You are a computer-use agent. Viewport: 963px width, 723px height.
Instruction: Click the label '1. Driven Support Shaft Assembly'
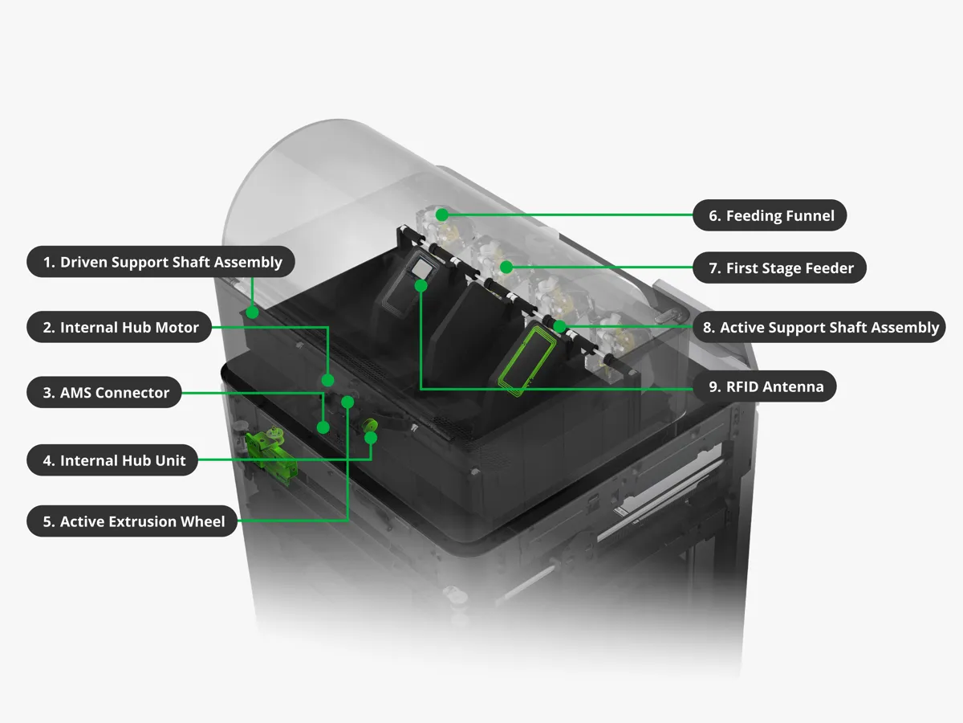(x=160, y=262)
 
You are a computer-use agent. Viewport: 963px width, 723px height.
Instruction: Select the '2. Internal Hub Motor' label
(x=120, y=327)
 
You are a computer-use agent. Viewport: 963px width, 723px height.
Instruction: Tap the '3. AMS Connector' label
(x=104, y=392)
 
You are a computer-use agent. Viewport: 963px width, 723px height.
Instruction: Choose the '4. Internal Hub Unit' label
(x=113, y=460)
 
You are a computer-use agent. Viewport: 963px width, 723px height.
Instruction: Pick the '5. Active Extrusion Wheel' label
(x=132, y=521)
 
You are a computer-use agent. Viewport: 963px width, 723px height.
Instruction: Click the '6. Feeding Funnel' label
(x=770, y=215)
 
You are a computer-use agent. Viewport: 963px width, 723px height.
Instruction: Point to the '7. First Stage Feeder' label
(x=779, y=268)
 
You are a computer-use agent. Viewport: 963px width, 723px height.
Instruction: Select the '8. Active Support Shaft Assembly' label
(x=819, y=327)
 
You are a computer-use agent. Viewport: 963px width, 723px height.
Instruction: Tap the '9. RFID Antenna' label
(x=765, y=386)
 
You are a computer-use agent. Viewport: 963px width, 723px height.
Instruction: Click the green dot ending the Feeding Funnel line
(x=442, y=214)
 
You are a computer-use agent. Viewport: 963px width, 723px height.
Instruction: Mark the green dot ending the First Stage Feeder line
(x=506, y=267)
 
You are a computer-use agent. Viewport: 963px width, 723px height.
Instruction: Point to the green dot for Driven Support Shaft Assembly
(x=252, y=312)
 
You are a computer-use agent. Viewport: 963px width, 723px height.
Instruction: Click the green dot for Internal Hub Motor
(x=327, y=380)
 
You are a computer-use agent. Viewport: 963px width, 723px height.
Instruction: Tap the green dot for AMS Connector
(x=323, y=427)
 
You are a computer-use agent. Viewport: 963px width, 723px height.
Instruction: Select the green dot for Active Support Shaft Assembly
(x=559, y=326)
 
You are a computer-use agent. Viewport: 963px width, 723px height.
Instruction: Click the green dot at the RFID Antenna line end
(x=421, y=286)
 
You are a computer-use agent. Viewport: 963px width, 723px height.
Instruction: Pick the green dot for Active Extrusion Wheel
(x=347, y=402)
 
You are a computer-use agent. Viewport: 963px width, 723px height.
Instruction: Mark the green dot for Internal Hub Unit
(x=371, y=438)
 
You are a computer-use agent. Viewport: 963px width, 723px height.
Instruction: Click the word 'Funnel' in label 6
(x=807, y=215)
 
